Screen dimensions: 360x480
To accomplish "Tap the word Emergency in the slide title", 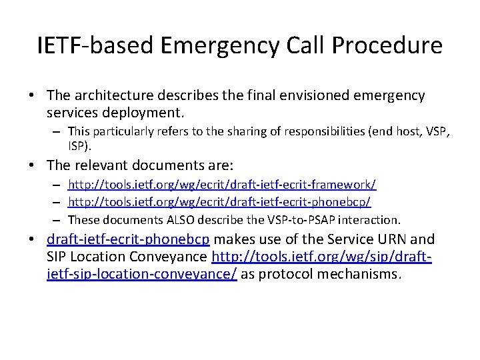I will [x=212, y=45].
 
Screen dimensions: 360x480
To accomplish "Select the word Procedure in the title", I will [x=387, y=45].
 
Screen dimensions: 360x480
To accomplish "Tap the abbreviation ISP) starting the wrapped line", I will [x=79, y=145].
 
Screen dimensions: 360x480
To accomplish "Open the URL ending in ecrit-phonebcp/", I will [x=219, y=201].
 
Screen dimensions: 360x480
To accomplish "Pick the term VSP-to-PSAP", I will [x=309, y=219].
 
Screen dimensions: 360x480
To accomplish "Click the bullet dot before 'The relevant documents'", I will [x=33, y=165].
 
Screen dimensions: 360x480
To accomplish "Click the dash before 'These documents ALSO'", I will [x=58, y=219].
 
